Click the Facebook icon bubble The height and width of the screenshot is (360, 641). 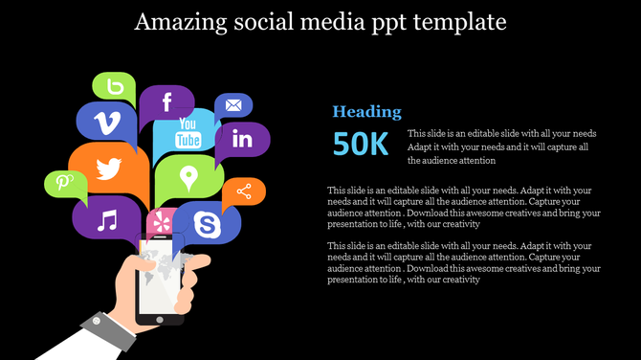pos(166,102)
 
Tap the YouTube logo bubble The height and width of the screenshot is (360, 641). pos(188,134)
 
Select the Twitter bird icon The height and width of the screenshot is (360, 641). pos(109,169)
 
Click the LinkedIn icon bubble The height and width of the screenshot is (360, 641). pos(241,140)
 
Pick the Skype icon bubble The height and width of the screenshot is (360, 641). pos(207,224)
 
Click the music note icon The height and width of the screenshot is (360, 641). pos(107,221)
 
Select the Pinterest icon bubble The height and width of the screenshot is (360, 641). pos(64,182)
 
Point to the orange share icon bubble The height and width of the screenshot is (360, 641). pos(244,191)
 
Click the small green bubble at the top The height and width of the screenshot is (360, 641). pos(115,87)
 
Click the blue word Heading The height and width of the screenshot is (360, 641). pos(366,112)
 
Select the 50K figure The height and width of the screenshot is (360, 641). pos(361,144)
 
